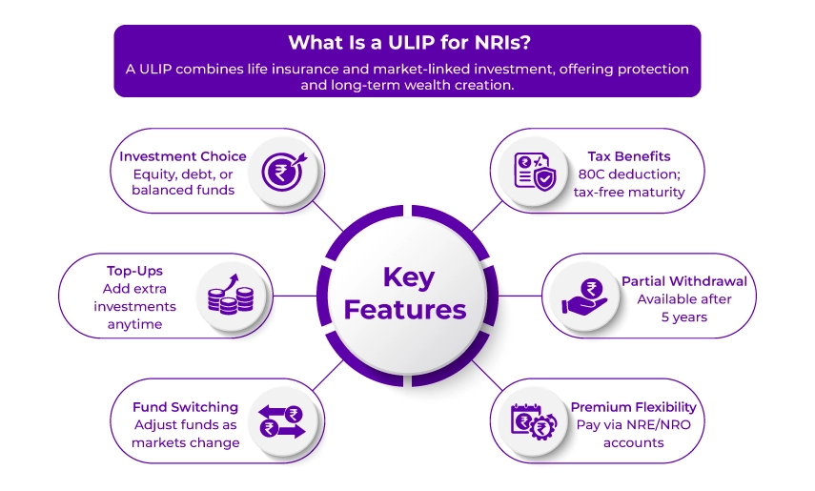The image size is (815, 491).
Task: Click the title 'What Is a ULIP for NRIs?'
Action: pyautogui.click(x=407, y=43)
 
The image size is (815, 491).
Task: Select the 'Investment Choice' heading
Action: pyautogui.click(x=183, y=156)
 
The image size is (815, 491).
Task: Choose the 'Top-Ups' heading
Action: pyautogui.click(x=134, y=271)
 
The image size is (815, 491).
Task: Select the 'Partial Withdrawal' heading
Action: pyautogui.click(x=684, y=281)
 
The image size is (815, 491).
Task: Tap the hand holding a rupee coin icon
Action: pyautogui.click(x=583, y=295)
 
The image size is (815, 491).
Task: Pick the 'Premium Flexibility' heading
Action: pyautogui.click(x=634, y=407)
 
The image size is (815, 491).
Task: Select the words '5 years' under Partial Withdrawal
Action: pyautogui.click(x=683, y=317)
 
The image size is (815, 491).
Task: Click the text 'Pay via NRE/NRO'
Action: pyautogui.click(x=633, y=425)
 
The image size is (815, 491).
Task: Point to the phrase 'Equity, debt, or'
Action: pyautogui.click(x=182, y=174)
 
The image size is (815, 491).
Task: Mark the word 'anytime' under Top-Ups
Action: pyautogui.click(x=134, y=324)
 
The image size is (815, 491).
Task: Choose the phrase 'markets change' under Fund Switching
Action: pyautogui.click(x=186, y=442)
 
